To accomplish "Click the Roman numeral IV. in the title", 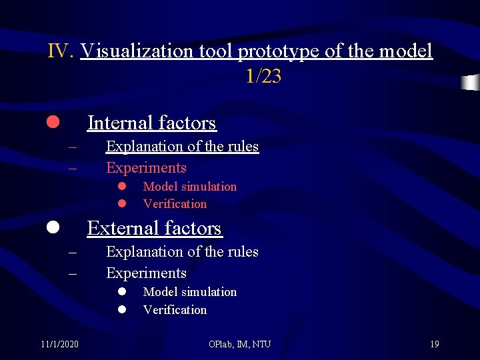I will (x=61, y=51).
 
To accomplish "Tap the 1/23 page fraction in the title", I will (x=263, y=77).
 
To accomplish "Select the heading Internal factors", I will (x=152, y=123).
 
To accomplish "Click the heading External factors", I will (x=154, y=228).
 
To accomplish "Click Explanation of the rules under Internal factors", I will (x=182, y=146).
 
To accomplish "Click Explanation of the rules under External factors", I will (x=182, y=251).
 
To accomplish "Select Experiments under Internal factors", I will (x=146, y=167).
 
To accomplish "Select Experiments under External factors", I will (x=146, y=273).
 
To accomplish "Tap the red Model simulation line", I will (x=189, y=187).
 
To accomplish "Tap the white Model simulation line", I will (x=189, y=292).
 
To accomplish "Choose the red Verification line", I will (x=175, y=204).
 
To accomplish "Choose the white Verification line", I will (x=175, y=309).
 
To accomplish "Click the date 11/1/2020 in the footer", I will (x=59, y=344).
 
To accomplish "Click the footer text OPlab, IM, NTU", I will (x=239, y=344).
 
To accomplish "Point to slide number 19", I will (x=434, y=344).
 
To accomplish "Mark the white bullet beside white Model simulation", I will (x=123, y=292).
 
